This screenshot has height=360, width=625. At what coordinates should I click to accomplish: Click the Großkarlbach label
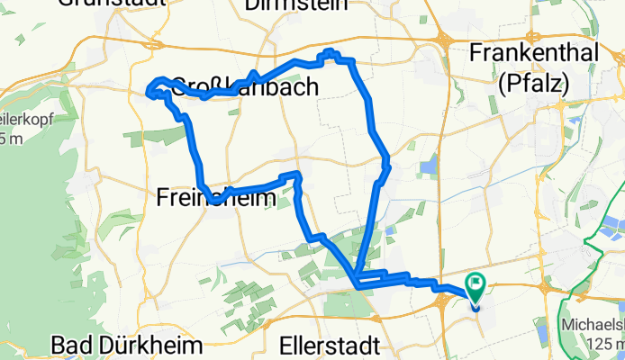[x=243, y=87]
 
